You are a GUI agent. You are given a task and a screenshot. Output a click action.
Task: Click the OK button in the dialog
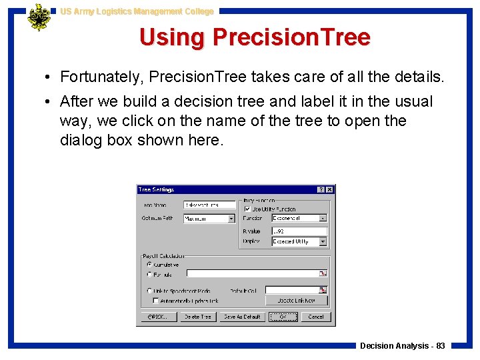coord(283,317)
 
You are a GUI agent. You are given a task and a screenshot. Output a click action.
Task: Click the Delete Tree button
coord(197,317)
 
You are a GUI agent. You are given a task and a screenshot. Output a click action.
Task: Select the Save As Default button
coord(242,317)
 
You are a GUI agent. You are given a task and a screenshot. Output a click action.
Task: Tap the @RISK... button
coord(158,317)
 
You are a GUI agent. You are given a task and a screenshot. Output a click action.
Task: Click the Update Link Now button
coord(297,301)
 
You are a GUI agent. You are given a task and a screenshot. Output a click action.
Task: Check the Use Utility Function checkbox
coord(248,209)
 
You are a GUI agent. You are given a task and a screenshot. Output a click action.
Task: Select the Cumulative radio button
coord(149,265)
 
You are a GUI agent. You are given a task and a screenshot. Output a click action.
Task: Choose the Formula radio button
coord(149,274)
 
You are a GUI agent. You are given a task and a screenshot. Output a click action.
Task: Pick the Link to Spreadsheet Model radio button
coord(149,291)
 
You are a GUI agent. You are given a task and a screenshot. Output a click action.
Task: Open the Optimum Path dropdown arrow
coord(232,219)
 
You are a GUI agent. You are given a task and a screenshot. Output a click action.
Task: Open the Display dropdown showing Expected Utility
coord(323,241)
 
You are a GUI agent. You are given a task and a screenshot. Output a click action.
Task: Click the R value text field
coord(299,231)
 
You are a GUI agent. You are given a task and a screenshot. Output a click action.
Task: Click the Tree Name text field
coord(210,205)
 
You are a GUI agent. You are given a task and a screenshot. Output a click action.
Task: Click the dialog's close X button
coord(329,190)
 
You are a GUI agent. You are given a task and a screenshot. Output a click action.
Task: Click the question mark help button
coord(321,190)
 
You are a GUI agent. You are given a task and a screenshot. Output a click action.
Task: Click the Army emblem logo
coord(38,17)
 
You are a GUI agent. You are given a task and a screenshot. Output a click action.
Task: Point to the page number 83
coord(441,346)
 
